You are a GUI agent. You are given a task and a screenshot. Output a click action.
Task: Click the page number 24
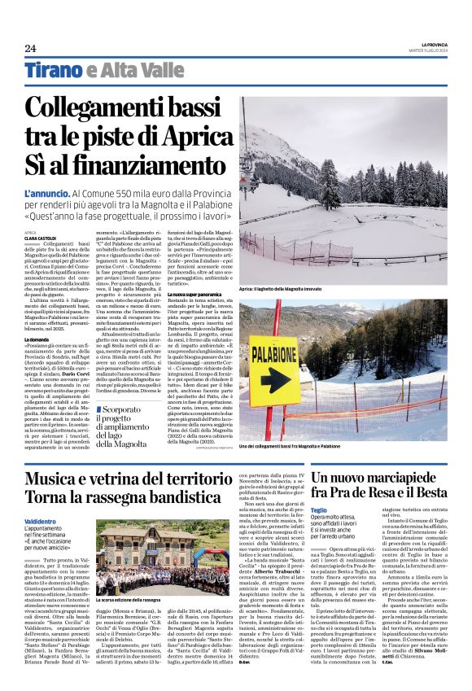click(30, 48)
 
